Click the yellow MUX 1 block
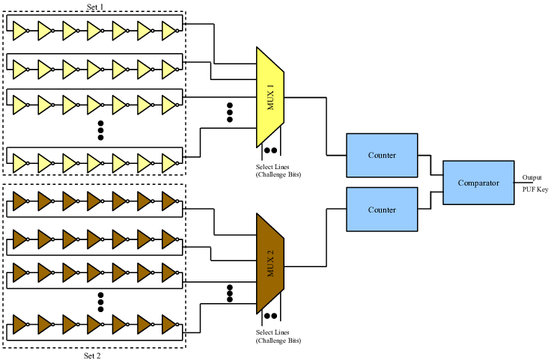tap(270, 97)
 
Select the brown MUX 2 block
tap(270, 263)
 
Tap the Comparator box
tap(478, 183)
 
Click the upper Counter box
tap(382, 155)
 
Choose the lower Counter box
tap(382, 210)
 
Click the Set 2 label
tap(92, 355)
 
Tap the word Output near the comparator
tap(532, 177)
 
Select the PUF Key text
tap(535, 189)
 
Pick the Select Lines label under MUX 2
tap(278, 335)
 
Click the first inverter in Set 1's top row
tap(20, 30)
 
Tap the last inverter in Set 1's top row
tap(171, 30)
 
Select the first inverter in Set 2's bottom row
tap(20, 326)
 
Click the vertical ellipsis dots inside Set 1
tap(101, 130)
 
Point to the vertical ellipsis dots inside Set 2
tap(101, 301)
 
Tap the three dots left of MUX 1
tap(230, 112)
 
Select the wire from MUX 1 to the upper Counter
tap(326, 127)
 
